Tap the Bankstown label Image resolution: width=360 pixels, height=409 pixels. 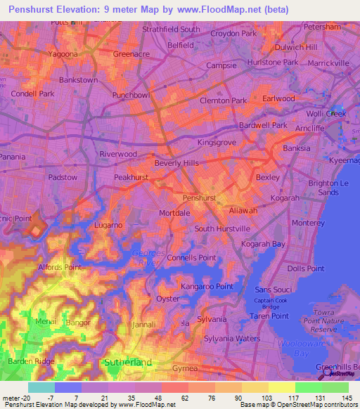click(x=78, y=80)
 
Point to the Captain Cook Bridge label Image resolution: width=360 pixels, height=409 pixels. click(x=271, y=305)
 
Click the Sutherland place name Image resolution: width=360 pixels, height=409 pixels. click(x=127, y=362)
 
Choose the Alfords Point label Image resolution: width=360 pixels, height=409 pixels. click(x=59, y=267)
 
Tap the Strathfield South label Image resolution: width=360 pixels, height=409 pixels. click(x=171, y=30)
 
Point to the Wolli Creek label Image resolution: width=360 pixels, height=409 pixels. click(x=325, y=114)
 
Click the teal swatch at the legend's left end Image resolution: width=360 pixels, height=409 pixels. click(x=41, y=387)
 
